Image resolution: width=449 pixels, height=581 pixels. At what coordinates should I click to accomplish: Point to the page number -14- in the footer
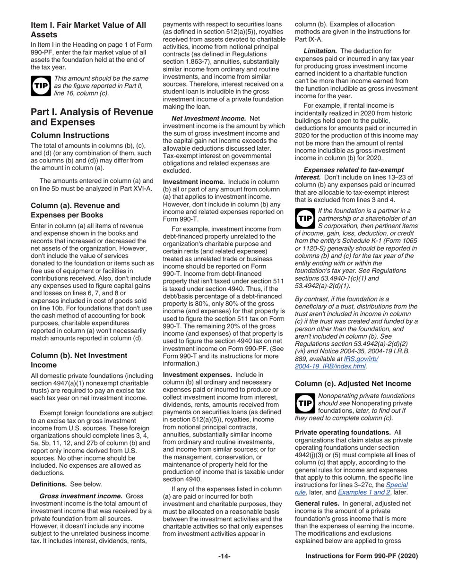click(224, 569)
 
